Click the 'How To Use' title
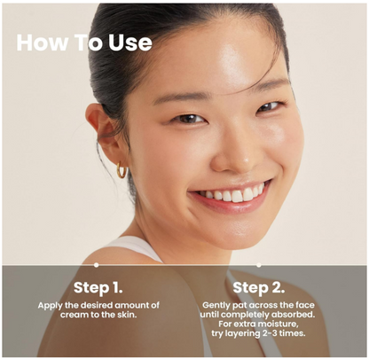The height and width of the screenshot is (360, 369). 84,43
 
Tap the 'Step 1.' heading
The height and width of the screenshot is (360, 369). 98,287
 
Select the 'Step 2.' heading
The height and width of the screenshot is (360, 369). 259,287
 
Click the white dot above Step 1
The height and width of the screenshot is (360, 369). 96,265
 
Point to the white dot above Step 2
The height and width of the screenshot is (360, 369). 259,265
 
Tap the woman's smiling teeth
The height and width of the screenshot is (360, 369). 233,194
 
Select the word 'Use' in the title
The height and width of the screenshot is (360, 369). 130,43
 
